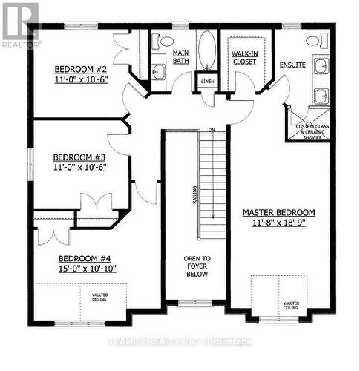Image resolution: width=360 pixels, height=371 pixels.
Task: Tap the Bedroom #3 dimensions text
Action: (x=82, y=168)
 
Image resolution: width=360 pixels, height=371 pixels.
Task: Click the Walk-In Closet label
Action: (x=243, y=58)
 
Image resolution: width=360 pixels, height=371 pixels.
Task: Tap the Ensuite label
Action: (x=292, y=65)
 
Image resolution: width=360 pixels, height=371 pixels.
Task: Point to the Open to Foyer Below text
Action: (x=197, y=266)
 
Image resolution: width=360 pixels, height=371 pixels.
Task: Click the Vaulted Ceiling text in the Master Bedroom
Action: (x=291, y=306)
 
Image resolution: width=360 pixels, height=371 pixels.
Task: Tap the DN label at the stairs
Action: (x=211, y=131)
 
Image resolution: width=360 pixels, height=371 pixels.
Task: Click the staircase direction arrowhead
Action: (x=212, y=216)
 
